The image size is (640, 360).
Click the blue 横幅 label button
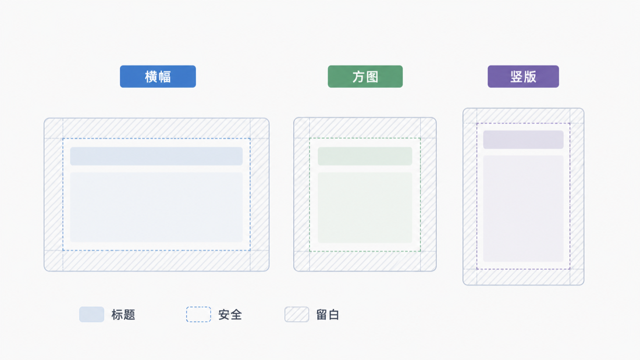point(158,76)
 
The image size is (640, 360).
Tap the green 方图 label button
point(365,76)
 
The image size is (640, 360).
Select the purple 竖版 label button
point(523,76)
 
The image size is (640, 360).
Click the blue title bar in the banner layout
point(157,156)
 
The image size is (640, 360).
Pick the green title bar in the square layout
point(365,156)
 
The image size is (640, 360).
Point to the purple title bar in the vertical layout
point(523,140)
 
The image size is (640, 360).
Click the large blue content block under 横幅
point(157,208)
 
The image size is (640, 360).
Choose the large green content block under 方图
point(365,208)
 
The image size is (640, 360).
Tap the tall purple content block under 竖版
point(523,209)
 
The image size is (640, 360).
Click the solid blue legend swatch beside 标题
point(92,314)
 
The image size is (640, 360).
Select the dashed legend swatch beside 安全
point(199,314)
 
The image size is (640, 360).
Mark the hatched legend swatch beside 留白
point(297,314)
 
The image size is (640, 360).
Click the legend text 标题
point(123,315)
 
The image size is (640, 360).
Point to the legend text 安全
point(230,315)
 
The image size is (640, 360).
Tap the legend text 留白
point(328,315)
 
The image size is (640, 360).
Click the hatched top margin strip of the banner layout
point(157,129)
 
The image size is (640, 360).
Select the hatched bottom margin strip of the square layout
point(365,261)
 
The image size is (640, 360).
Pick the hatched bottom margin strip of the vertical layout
point(523,277)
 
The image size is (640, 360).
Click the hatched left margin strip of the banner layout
point(54,195)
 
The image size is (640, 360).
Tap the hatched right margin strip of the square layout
point(429,194)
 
